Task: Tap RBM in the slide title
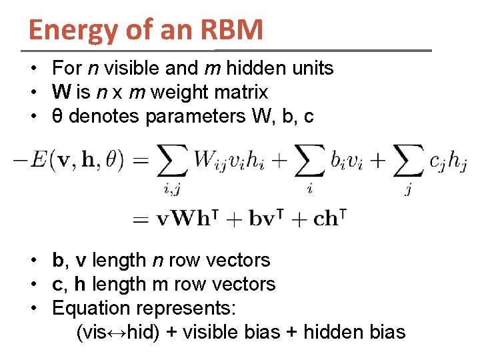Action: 233,29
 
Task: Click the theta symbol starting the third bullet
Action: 57,117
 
